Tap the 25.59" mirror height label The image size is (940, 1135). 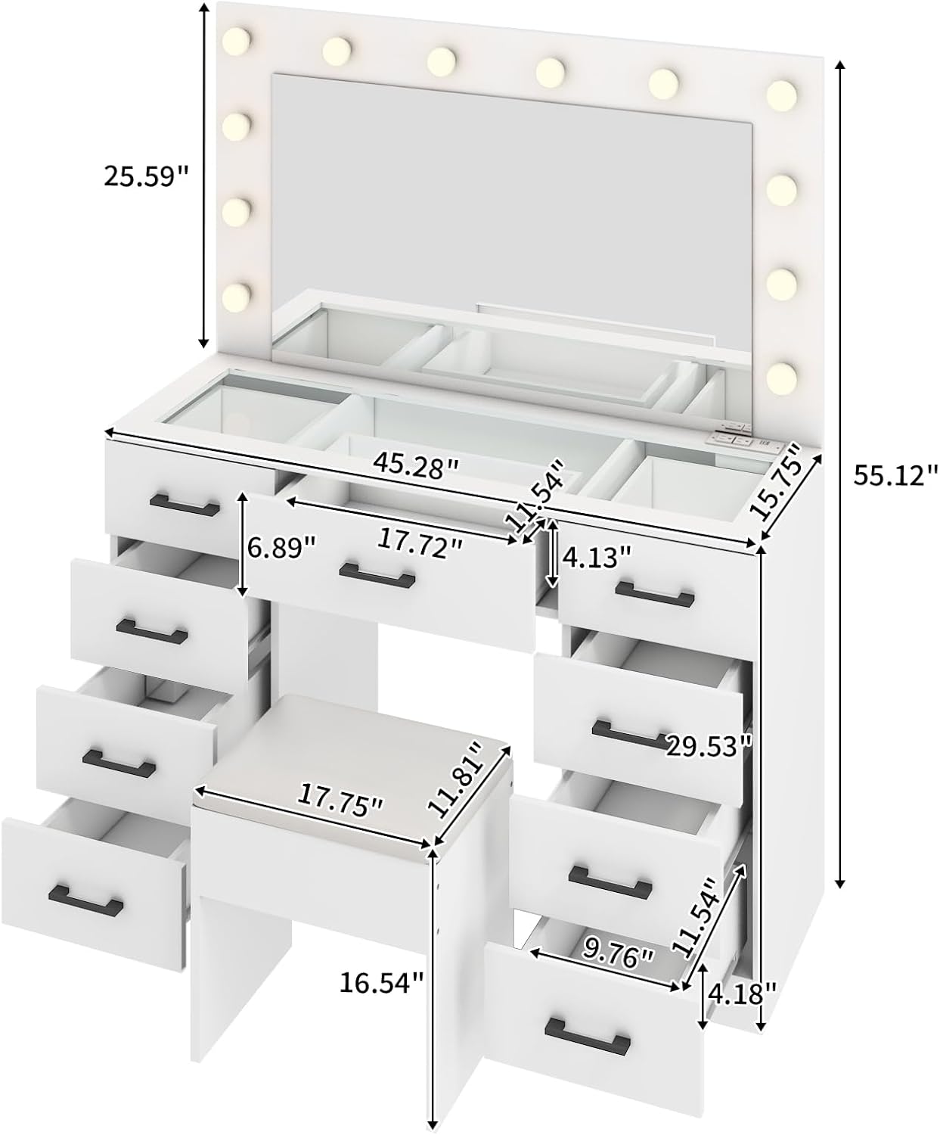(146, 176)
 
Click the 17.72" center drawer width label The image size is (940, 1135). (420, 543)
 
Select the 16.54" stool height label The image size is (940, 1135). (380, 983)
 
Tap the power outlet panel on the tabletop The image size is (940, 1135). (730, 437)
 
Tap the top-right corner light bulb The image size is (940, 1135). (781, 92)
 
